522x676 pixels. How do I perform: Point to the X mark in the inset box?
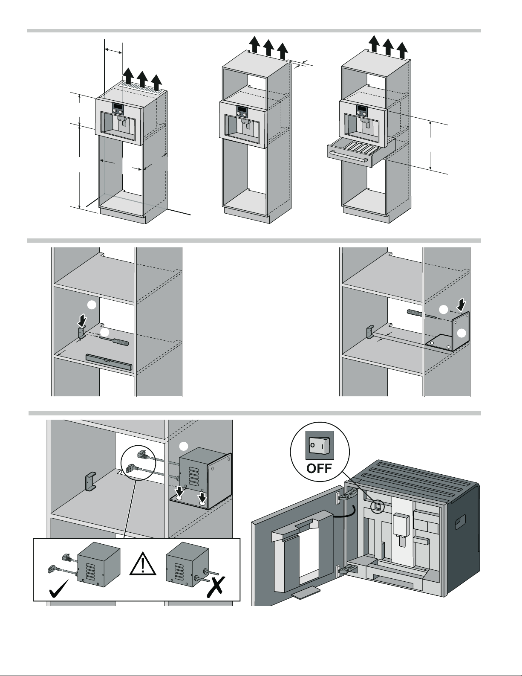(x=217, y=589)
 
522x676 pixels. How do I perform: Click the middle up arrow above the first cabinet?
(x=142, y=77)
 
